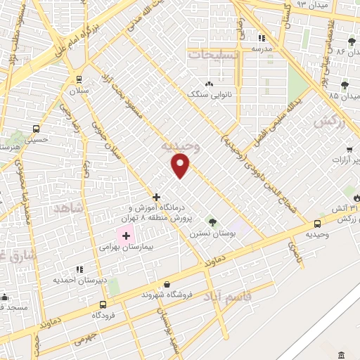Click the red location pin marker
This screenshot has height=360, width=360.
(181, 166)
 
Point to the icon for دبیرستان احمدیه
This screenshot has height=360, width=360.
(78, 269)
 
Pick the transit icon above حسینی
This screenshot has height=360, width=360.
(36, 129)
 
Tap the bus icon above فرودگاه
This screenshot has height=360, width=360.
(103, 304)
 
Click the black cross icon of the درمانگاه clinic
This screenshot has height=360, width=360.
(156, 197)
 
